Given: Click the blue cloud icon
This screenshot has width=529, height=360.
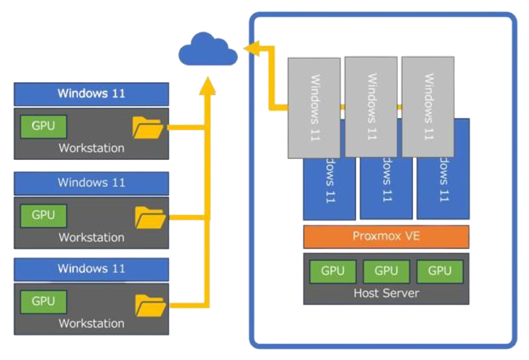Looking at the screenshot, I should pyautogui.click(x=208, y=50).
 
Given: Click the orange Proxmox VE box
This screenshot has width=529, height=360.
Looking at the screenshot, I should pyautogui.click(x=386, y=236).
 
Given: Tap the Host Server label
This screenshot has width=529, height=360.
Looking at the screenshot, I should pyautogui.click(x=386, y=293).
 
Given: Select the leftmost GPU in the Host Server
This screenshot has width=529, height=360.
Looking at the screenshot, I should pyautogui.click(x=333, y=271).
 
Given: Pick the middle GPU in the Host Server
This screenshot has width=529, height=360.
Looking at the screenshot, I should pyautogui.click(x=386, y=271).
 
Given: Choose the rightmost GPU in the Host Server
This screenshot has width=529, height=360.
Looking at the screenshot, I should pyautogui.click(x=439, y=271).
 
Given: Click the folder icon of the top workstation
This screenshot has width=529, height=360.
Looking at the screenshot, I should pyautogui.click(x=148, y=128).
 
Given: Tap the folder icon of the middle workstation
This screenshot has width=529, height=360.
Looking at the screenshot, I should pyautogui.click(x=150, y=217).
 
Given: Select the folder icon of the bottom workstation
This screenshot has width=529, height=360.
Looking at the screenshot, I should pyautogui.click(x=150, y=305).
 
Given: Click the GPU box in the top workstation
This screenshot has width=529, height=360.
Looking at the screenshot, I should pyautogui.click(x=43, y=126).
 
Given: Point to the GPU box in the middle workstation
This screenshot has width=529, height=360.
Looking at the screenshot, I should pyautogui.click(x=43, y=215).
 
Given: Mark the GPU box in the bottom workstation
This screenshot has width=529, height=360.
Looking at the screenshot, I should pyautogui.click(x=43, y=301).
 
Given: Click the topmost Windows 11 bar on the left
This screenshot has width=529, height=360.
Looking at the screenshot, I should pyautogui.click(x=91, y=94).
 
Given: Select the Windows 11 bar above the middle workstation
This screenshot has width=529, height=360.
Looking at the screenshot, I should pyautogui.click(x=91, y=183).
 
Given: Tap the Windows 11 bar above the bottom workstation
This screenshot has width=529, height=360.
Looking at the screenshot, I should pyautogui.click(x=91, y=269).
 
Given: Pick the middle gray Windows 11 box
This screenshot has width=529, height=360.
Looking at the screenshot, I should pyautogui.click(x=371, y=106).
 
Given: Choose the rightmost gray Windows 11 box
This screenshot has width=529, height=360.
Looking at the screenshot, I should pyautogui.click(x=428, y=106).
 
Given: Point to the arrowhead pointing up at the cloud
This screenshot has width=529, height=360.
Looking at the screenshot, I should pyautogui.click(x=208, y=84).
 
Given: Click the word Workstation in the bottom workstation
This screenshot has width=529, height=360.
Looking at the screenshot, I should pyautogui.click(x=91, y=324).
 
